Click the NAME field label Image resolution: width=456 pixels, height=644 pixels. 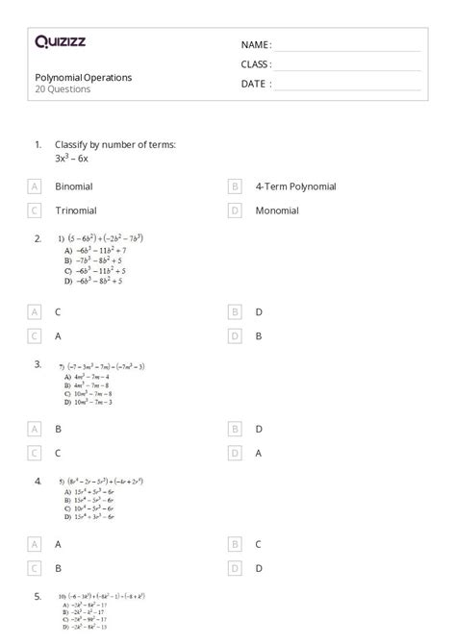256,45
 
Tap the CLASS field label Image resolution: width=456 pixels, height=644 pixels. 256,64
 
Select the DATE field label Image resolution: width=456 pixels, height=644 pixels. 256,84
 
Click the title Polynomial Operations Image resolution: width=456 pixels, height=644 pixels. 84,77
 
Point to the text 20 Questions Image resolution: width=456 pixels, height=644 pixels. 63,89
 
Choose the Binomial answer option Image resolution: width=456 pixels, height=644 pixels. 74,186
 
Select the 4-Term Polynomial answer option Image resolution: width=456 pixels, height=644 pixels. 295,186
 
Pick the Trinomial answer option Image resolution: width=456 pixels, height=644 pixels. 76,210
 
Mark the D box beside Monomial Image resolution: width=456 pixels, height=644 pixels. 234,210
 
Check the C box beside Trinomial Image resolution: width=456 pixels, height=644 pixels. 35,210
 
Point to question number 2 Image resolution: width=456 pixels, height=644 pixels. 38,237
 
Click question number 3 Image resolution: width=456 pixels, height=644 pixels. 38,364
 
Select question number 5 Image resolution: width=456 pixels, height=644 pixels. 38,596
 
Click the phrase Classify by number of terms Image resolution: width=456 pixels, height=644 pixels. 114,144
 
